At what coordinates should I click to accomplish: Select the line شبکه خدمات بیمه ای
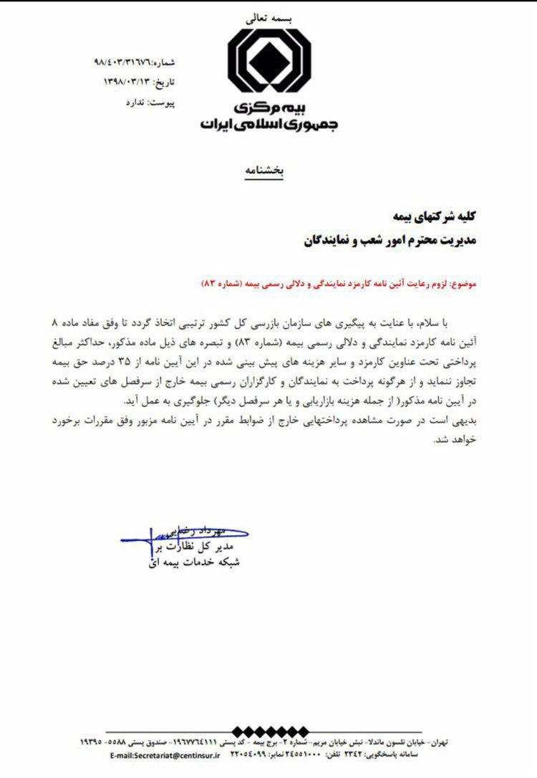pyautogui.click(x=190, y=562)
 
